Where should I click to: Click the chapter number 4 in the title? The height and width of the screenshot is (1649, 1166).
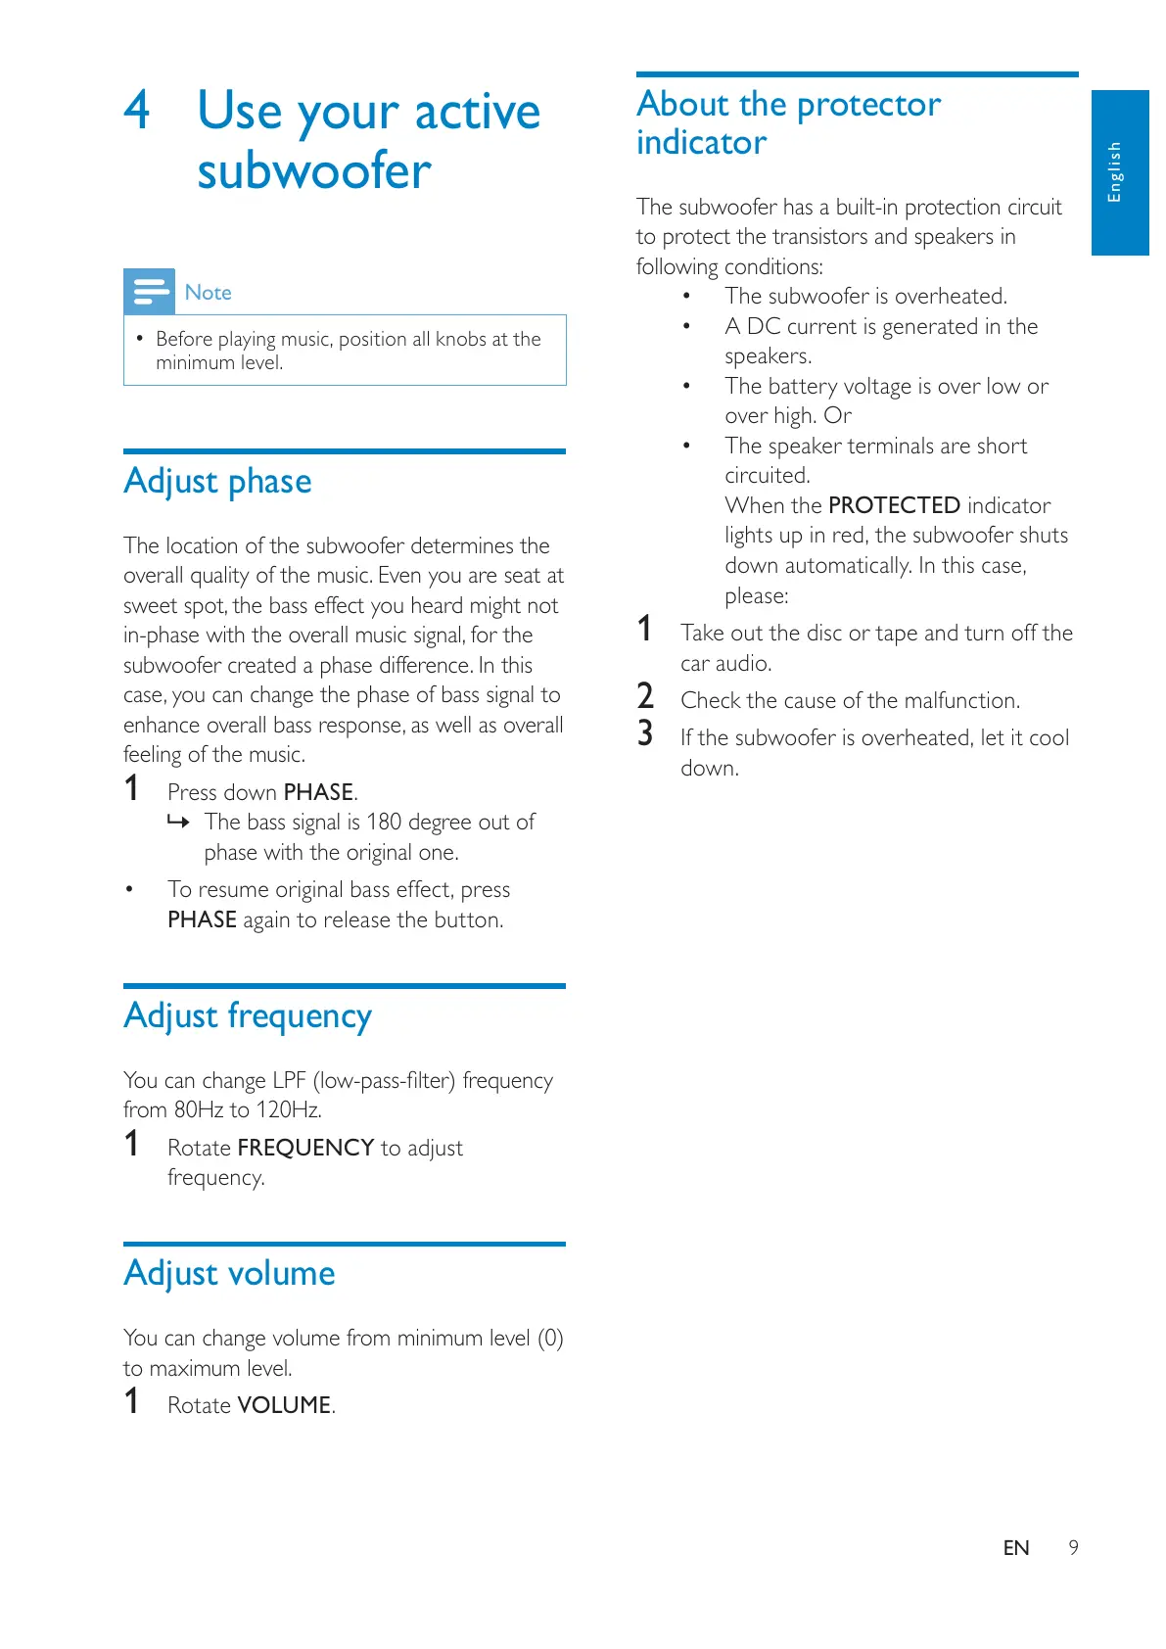(x=137, y=110)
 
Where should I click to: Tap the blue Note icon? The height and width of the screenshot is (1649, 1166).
(x=149, y=291)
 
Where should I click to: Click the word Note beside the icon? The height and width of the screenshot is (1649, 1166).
(x=208, y=293)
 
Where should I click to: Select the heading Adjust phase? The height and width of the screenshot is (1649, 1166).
(x=217, y=482)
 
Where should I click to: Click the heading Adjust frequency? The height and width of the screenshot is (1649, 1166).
(x=248, y=1016)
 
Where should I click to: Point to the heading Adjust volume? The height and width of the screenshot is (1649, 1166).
(x=229, y=1273)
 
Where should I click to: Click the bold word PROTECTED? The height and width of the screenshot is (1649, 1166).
(x=894, y=505)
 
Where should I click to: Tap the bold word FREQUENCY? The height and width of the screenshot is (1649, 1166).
(x=305, y=1148)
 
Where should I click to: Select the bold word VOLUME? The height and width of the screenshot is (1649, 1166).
(x=284, y=1405)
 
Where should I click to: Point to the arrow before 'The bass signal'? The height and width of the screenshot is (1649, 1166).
(x=177, y=822)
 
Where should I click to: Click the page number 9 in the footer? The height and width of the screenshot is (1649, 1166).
(x=1073, y=1547)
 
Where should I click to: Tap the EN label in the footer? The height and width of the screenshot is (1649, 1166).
(x=1016, y=1547)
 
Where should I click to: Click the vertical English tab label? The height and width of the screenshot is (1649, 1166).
(x=1114, y=172)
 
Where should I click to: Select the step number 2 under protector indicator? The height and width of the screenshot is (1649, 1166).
(x=645, y=697)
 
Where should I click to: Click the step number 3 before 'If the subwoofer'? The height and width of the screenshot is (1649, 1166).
(x=645, y=734)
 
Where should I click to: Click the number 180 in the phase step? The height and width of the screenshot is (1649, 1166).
(x=384, y=822)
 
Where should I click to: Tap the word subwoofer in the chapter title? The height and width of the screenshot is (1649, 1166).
(x=313, y=171)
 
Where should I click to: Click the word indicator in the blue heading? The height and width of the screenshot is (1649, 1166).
(x=701, y=143)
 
